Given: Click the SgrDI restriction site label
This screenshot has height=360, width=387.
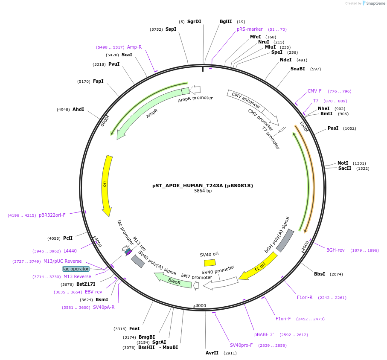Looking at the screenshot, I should pos(194,21).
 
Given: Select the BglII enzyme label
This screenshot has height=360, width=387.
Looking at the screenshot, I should pos(226,21).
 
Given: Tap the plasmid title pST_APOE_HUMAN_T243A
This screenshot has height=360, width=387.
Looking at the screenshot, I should pos(203,186).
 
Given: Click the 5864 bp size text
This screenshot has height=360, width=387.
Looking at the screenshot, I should pos(203,191).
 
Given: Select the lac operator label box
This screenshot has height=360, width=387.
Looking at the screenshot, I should pos(76,269).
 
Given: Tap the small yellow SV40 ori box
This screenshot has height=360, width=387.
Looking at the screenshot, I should pos(210,263).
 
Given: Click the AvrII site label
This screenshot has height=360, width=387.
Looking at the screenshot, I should pos(212,353).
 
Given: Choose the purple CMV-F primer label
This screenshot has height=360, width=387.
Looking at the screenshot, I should pos(314,91).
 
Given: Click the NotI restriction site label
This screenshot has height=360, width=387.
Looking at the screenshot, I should pos(343,163).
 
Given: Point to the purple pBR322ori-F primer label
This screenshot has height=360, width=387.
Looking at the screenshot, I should pos(52,215).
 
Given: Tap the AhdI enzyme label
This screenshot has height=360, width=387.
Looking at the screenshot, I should pos(78,110).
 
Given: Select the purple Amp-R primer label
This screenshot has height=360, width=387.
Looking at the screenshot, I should pos(134,47).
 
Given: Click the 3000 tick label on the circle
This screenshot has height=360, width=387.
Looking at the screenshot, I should pos(201,305).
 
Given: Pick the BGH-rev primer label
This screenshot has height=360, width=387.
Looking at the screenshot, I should pos(335,250).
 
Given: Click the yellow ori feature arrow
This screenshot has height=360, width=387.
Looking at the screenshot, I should pos(106,185).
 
